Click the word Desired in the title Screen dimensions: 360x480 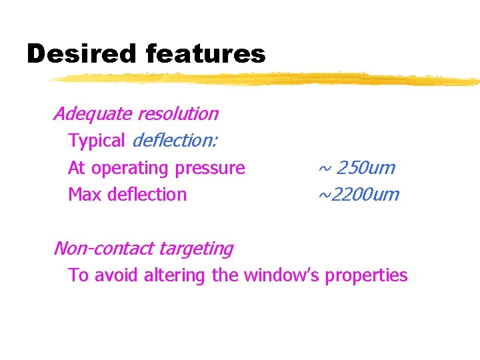click(81, 54)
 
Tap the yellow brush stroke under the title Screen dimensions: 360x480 click(267, 79)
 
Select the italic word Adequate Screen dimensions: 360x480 click(93, 114)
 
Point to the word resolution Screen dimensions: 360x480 click(178, 114)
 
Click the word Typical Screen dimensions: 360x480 click(96, 141)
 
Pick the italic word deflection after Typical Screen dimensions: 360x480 click(178, 141)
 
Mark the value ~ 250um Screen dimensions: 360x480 click(357, 168)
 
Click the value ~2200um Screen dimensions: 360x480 click(358, 195)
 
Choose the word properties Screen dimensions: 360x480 click(366, 276)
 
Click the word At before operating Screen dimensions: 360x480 click(77, 168)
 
